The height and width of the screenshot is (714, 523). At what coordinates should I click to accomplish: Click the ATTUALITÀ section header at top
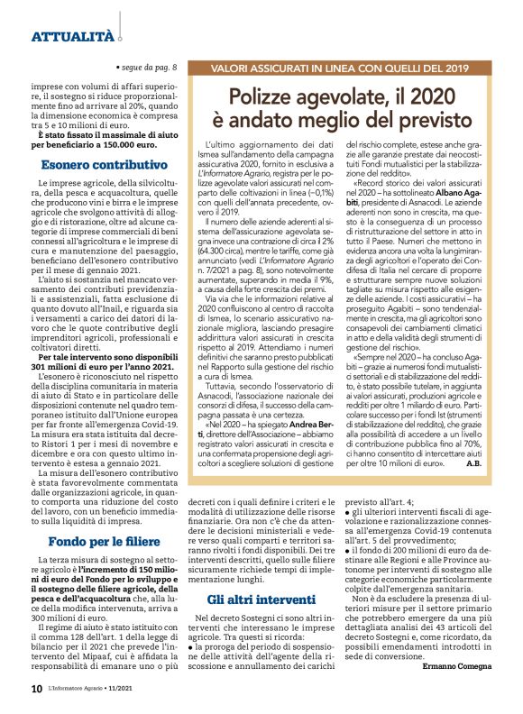pyautogui.click(x=72, y=36)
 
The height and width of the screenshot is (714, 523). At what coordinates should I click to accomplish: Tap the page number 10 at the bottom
pyautogui.click(x=36, y=689)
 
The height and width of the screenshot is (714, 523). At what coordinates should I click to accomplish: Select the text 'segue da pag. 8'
pyautogui.click(x=150, y=68)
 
